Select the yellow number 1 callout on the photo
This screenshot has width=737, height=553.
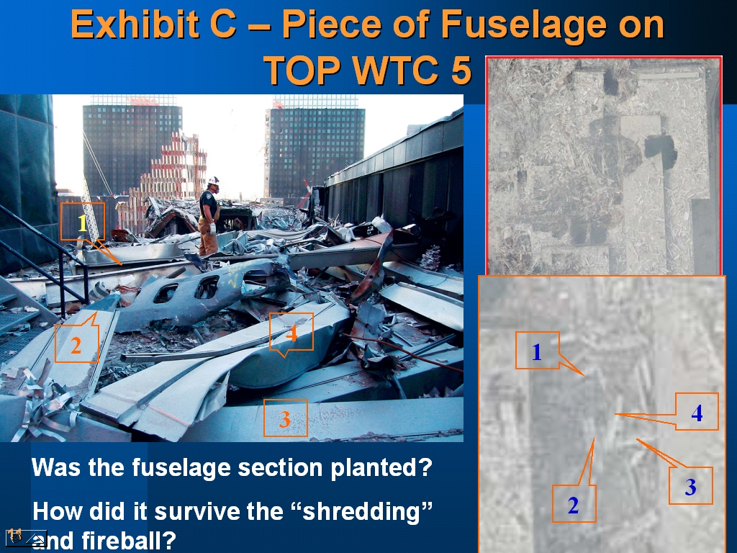click(83, 222)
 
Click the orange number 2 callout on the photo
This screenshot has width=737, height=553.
click(76, 344)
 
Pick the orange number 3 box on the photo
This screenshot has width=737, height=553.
click(285, 418)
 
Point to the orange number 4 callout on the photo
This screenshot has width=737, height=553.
click(291, 332)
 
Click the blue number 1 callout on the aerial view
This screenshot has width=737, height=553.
click(537, 351)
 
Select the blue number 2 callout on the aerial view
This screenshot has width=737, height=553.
click(574, 504)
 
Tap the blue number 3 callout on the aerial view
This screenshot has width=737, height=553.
click(691, 486)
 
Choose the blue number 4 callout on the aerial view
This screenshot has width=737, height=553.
click(697, 411)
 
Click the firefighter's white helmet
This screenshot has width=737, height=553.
click(214, 181)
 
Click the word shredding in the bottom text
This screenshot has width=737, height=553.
click(367, 511)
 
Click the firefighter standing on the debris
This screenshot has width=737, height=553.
click(209, 215)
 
